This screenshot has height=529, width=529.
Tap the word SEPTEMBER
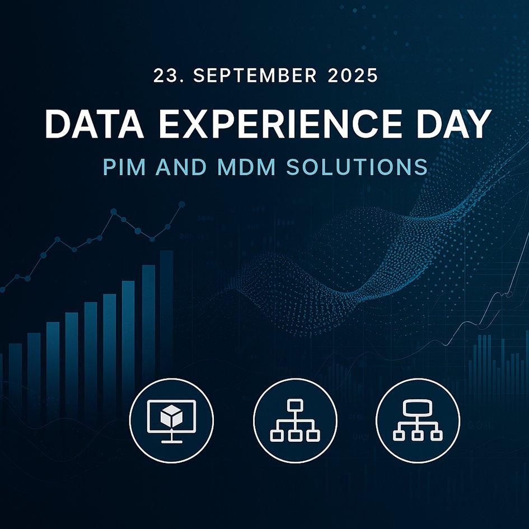coord(255,76)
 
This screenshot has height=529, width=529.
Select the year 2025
coord(353,76)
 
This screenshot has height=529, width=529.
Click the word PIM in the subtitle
coord(124,167)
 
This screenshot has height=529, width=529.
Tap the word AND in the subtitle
coord(181,167)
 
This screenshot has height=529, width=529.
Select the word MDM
coord(246,167)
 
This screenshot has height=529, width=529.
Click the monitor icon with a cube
coord(172,421)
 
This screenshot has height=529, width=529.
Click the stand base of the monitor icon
coord(172,441)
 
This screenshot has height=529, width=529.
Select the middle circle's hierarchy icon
coord(295,420)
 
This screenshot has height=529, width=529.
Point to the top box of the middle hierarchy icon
coord(295,405)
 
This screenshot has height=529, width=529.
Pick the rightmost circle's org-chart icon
coord(418,420)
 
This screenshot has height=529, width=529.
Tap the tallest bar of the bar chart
coord(166,313)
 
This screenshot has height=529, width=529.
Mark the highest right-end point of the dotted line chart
coord(182,204)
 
